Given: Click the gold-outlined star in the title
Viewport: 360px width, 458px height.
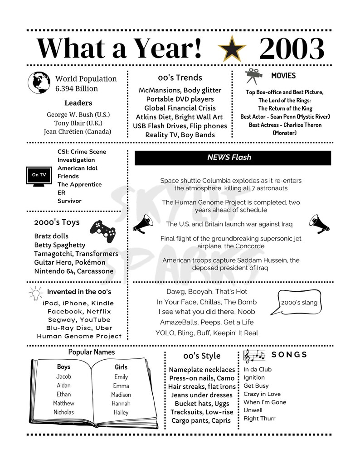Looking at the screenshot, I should (x=232, y=49).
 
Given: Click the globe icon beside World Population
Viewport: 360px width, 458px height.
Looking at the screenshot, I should (x=39, y=82).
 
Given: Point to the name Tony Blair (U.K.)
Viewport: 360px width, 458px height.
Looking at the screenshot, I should (x=78, y=123).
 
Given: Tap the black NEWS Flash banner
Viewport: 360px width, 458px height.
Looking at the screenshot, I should (x=233, y=158).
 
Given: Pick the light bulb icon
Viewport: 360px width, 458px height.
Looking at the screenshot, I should (x=35, y=294).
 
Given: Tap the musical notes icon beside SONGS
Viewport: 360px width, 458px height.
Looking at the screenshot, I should (x=254, y=356).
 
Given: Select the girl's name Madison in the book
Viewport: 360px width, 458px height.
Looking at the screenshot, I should (x=121, y=395).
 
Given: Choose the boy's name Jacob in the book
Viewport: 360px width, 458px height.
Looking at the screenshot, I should (x=63, y=376).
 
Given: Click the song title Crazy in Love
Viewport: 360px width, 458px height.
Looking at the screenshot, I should (x=262, y=394).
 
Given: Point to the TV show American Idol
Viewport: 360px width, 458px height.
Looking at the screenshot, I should (x=78, y=168).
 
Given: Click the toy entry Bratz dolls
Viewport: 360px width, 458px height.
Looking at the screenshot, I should (x=51, y=236).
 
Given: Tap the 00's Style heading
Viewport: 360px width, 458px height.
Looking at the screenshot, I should (x=202, y=356).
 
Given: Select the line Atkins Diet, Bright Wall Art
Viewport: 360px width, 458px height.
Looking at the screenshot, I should (x=179, y=117).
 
